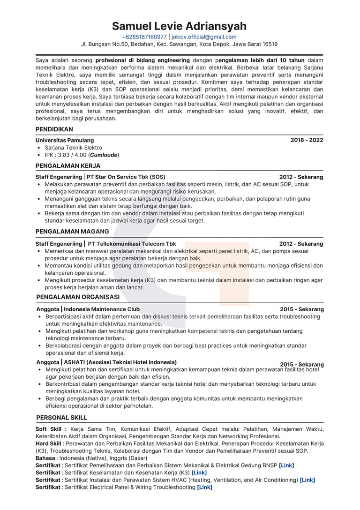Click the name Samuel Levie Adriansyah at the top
[x=180, y=26]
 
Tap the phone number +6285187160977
[x=144, y=37]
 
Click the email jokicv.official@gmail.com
[x=204, y=37]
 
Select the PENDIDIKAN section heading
[x=54, y=129]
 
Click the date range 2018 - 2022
[x=307, y=140]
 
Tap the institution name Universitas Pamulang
[x=65, y=140]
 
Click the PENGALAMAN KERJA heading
[x=68, y=165]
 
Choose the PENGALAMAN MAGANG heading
[x=72, y=232]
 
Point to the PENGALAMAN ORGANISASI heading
[x=78, y=297]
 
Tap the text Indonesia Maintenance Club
[x=102, y=309]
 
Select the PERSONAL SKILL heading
[x=61, y=418]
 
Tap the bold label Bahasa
[x=45, y=458]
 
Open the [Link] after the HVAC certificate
[x=307, y=480]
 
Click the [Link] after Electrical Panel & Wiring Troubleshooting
[x=204, y=487]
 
